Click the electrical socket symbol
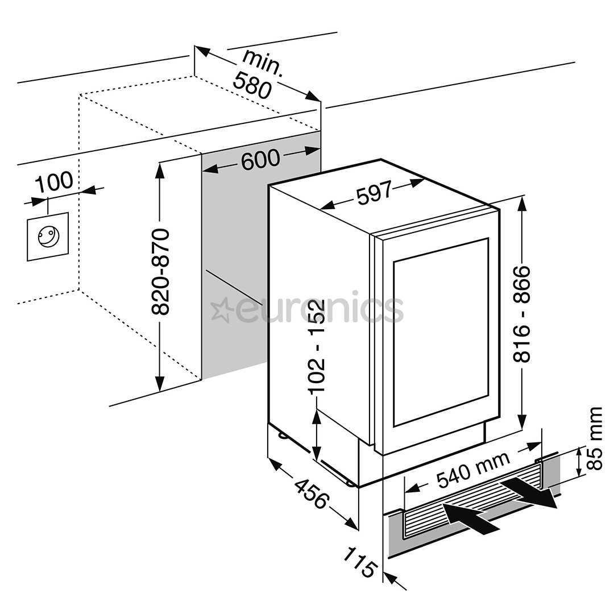click(48, 237)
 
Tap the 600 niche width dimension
click(261, 159)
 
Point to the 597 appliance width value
click(374, 193)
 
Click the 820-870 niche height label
click(162, 272)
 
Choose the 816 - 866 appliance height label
click(521, 314)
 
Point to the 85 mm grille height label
click(595, 438)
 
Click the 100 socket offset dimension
click(55, 181)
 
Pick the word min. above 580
click(263, 62)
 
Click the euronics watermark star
click(219, 310)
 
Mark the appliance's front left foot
click(351, 482)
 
